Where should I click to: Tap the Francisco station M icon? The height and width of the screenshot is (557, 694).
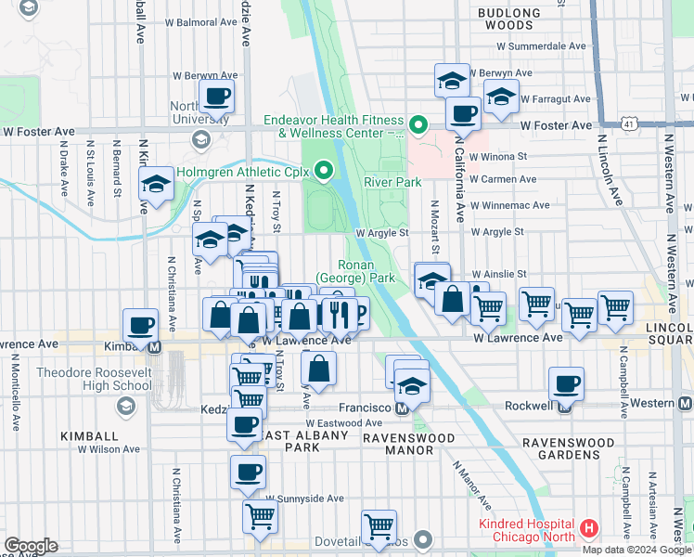(x=402, y=409)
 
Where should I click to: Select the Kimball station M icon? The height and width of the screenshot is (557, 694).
(x=155, y=347)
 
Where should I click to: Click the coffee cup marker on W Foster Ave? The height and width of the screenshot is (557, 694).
(x=462, y=114)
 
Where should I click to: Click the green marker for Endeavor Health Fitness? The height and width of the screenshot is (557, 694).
(x=418, y=123)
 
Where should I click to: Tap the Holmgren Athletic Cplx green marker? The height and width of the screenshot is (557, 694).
(x=324, y=170)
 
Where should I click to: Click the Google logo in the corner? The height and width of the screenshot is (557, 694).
(x=31, y=546)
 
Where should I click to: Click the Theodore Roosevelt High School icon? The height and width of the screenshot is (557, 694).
(x=125, y=407)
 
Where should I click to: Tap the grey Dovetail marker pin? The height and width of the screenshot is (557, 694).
(x=424, y=539)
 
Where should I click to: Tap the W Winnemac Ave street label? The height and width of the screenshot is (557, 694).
(x=510, y=205)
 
